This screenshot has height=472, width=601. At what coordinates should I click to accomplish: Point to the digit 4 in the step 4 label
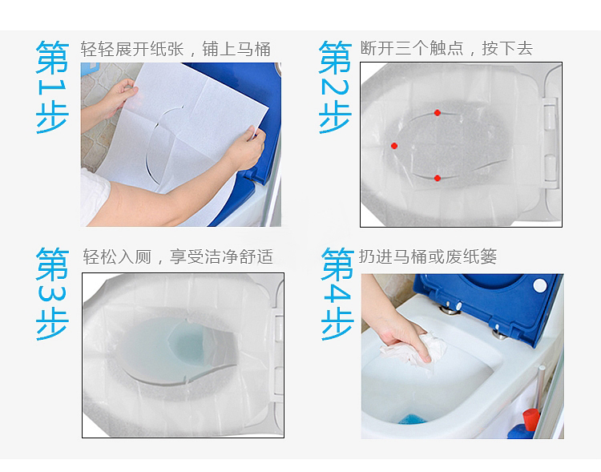coord(337,295)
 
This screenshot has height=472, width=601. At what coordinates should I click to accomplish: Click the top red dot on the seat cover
coord(438,113)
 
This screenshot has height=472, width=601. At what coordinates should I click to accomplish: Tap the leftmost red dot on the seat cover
coord(394,146)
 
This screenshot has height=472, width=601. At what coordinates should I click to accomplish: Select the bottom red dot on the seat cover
coord(438,177)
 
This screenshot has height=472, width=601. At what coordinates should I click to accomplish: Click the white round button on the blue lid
coord(538,285)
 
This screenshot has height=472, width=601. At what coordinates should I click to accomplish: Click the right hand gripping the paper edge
coord(245,148)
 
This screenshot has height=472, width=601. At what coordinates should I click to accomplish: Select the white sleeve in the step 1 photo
coord(93,196)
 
